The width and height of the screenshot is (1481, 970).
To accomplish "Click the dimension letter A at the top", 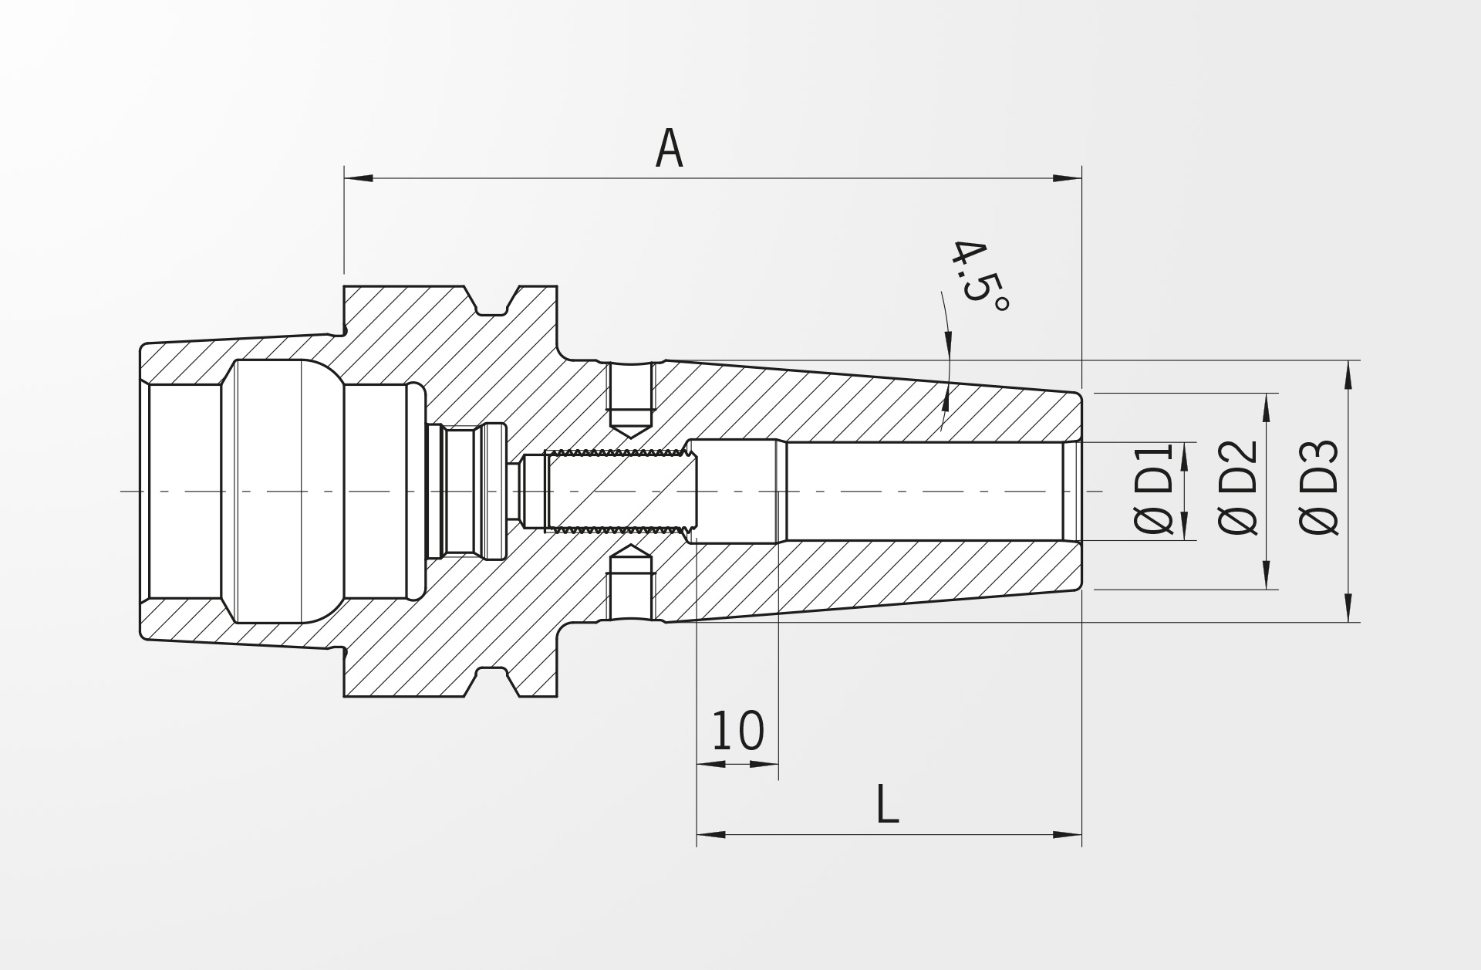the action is point(669,149).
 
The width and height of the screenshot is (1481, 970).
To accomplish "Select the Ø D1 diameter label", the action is point(1154,488).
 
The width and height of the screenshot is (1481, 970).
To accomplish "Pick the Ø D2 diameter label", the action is point(1238,488).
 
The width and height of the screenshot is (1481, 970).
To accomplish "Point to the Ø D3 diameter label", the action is point(1319,488).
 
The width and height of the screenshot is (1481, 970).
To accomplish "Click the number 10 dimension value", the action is point(737,731).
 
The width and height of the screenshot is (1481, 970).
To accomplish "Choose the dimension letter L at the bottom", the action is point(888,804).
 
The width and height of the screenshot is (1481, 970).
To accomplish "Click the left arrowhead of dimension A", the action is point(359,178).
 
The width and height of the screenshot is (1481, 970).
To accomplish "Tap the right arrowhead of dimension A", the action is point(1068,178).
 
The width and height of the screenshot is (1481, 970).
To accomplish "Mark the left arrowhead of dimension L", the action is point(711,834).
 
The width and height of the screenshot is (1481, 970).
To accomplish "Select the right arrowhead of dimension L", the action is point(1068,834).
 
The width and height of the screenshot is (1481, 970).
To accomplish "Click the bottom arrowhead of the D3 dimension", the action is point(1348,607).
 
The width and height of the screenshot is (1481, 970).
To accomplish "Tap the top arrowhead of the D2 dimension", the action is point(1267,408).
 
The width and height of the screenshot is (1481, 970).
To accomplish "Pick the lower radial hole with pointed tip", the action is point(631,583).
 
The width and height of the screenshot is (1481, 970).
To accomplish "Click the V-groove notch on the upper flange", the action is point(491,302).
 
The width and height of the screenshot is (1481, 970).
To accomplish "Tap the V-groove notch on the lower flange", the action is point(491,682).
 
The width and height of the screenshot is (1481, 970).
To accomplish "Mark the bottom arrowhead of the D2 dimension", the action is point(1267,575).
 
